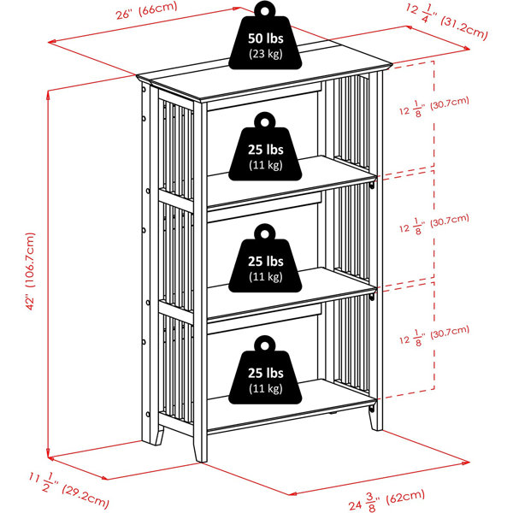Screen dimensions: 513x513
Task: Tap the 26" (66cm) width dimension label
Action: pyautogui.click(x=146, y=10)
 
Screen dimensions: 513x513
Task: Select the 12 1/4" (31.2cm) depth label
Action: pyautogui.click(x=447, y=21)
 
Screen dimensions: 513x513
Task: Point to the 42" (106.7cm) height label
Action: pyautogui.click(x=30, y=271)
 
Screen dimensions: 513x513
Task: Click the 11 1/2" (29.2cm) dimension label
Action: pyautogui.click(x=68, y=490)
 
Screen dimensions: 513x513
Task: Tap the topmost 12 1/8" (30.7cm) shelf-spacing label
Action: pyautogui.click(x=434, y=107)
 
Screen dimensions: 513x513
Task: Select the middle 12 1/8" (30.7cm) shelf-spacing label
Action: pyautogui.click(x=434, y=224)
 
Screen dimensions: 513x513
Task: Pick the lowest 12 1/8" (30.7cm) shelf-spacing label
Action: pyautogui.click(x=434, y=336)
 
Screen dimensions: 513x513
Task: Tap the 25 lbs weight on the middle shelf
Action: pyautogui.click(x=265, y=262)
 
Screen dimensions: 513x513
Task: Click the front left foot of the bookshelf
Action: pyautogui.click(x=201, y=451)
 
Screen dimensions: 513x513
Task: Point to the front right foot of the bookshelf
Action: pyautogui.click(x=376, y=421)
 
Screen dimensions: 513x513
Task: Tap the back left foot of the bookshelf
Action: pyautogui.click(x=158, y=436)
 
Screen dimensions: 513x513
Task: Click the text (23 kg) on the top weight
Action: pyautogui.click(x=266, y=54)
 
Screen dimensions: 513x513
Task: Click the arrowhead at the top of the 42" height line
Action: pyautogui.click(x=48, y=94)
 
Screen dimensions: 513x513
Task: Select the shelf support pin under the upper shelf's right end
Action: pyautogui.click(x=372, y=186)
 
